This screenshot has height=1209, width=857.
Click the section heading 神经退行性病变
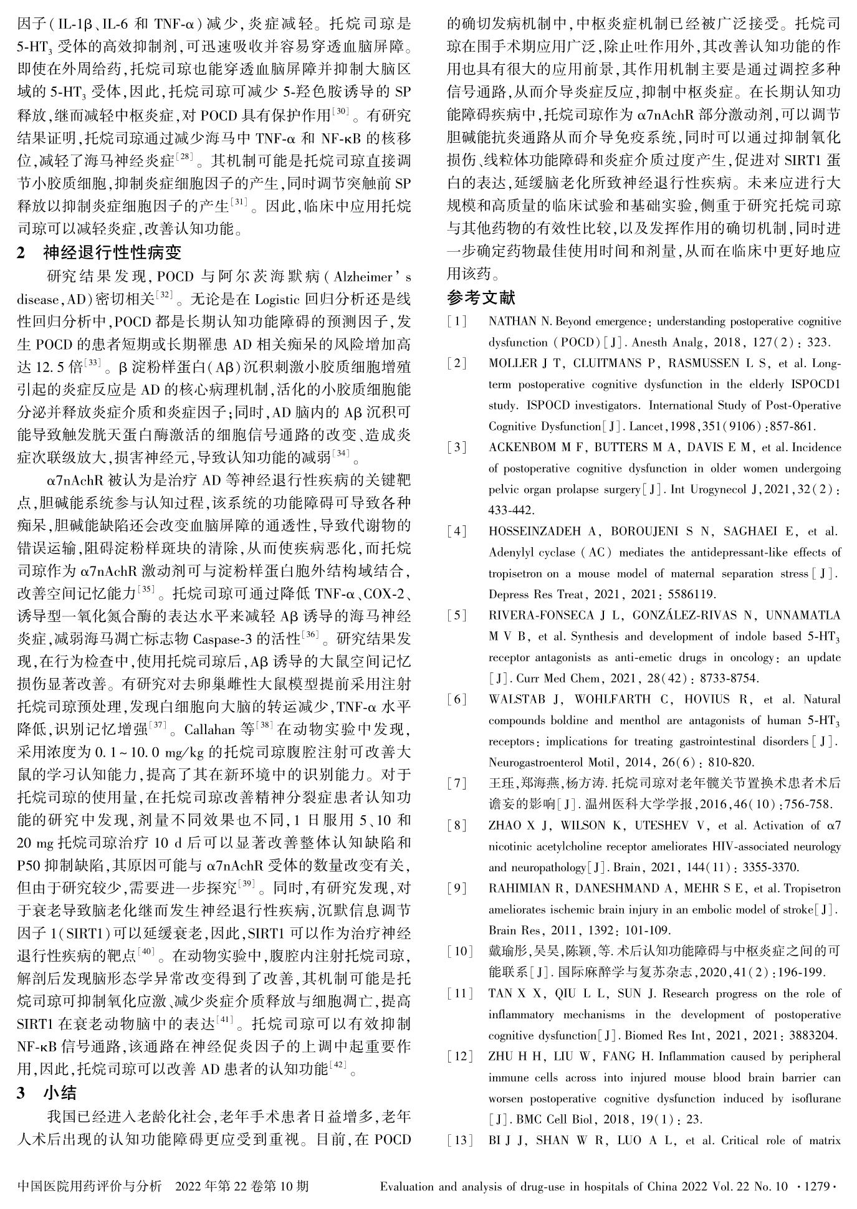tap(112, 252)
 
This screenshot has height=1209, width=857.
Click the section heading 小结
tap(60, 1092)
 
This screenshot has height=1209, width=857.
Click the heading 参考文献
tap(481, 298)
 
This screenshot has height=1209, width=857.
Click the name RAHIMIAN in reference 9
tap(519, 888)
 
